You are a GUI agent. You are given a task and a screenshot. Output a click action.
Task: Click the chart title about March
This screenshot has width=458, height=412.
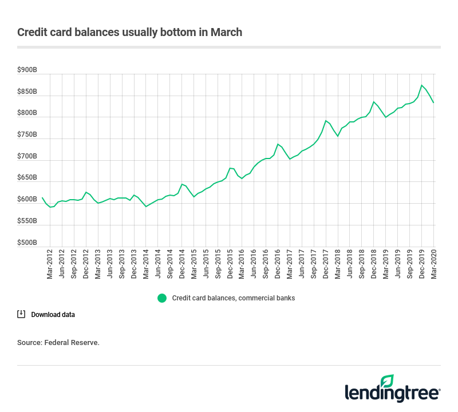click(x=129, y=32)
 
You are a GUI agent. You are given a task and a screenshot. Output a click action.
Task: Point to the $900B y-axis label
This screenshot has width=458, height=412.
click(x=27, y=70)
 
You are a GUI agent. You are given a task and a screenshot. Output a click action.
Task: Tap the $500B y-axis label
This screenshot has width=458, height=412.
click(x=27, y=243)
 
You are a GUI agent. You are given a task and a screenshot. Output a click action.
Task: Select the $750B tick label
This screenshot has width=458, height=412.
click(x=27, y=135)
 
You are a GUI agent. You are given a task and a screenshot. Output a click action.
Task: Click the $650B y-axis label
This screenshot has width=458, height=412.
click(x=27, y=178)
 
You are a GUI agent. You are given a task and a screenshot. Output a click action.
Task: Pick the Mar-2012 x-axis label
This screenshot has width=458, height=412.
click(x=50, y=265)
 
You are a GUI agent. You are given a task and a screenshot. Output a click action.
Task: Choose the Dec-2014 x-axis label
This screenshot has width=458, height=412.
click(x=181, y=265)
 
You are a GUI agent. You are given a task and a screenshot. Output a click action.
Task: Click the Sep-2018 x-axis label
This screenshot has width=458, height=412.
click(x=362, y=265)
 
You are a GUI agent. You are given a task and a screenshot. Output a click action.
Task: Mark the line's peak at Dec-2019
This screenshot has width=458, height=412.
click(x=422, y=85)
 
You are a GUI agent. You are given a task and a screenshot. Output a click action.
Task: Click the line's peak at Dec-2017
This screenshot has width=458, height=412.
click(x=326, y=121)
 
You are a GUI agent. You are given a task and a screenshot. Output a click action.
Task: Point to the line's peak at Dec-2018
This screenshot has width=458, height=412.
click(x=374, y=102)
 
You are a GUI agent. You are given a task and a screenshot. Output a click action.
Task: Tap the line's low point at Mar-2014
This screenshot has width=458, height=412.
click(x=146, y=207)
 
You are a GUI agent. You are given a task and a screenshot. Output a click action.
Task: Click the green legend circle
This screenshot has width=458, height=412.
click(x=162, y=298)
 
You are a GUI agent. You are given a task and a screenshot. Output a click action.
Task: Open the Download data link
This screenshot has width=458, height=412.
click(x=53, y=315)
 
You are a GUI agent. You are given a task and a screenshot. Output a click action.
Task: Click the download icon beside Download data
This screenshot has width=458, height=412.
click(x=21, y=314)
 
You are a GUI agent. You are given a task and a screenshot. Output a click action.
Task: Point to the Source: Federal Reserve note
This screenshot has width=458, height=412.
click(x=58, y=343)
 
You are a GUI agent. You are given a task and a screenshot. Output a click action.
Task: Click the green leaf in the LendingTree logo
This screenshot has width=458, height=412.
click(x=388, y=381)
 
